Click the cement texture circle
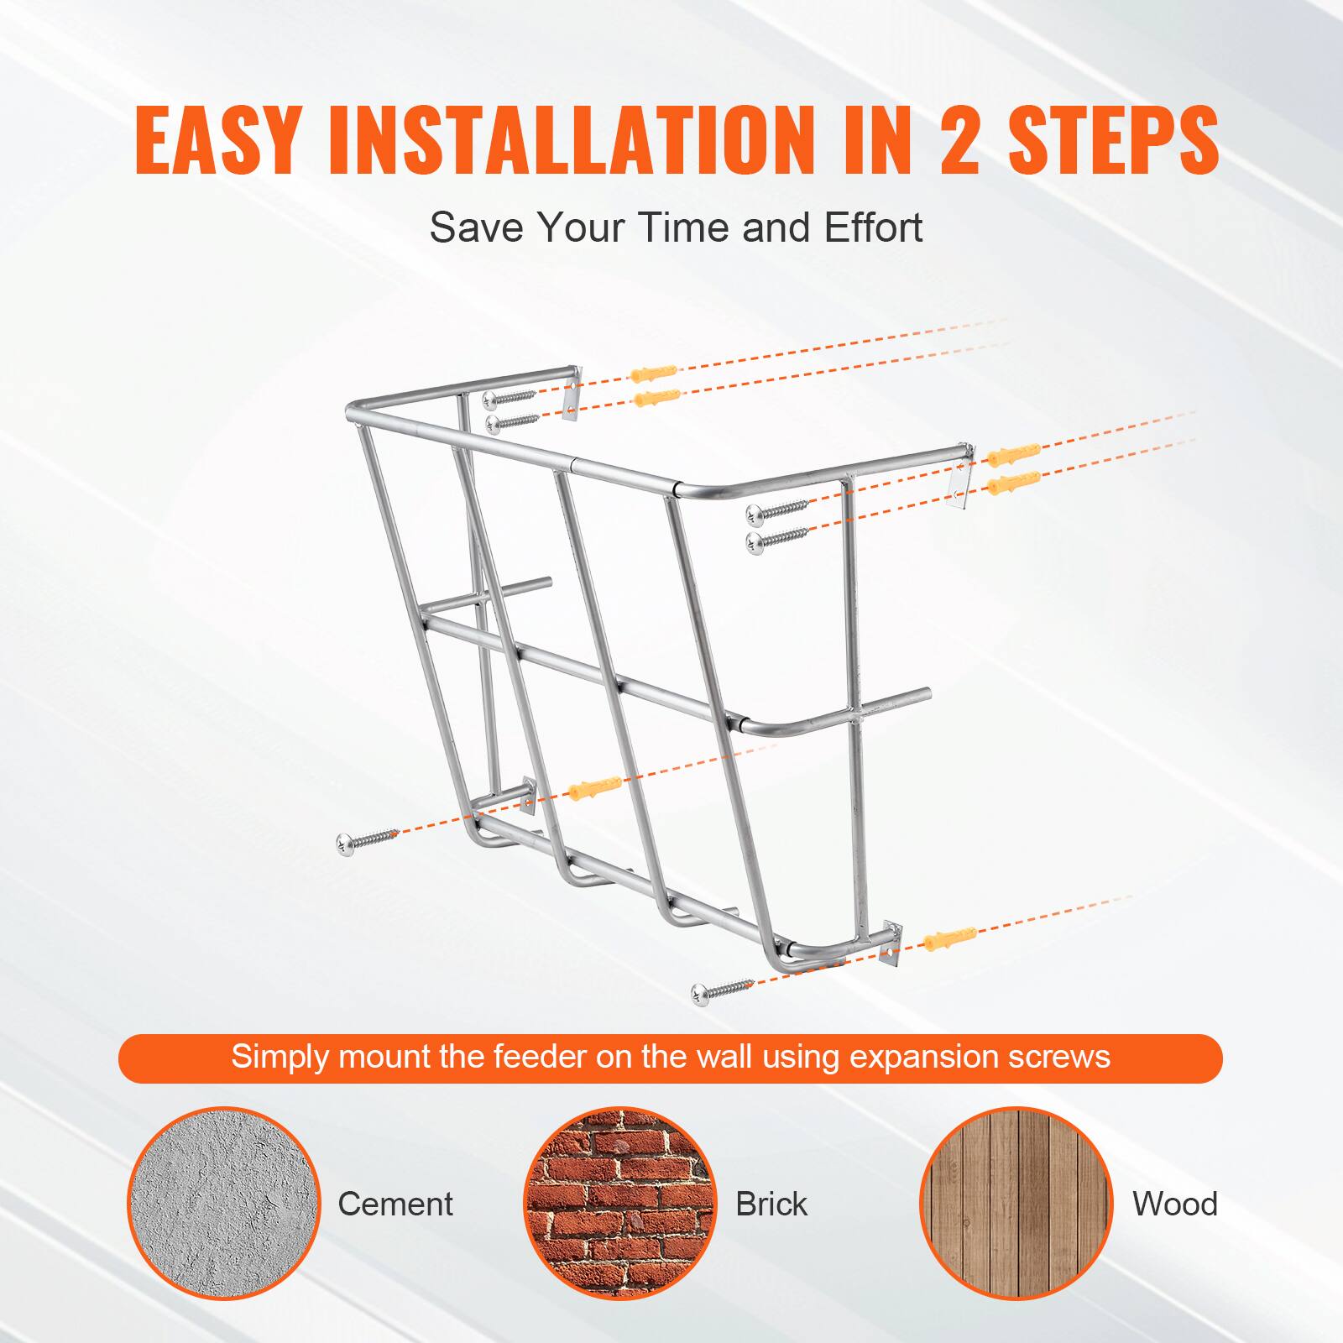(x=224, y=1203)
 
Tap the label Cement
(x=395, y=1204)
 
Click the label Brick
(x=771, y=1204)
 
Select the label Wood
(x=1174, y=1204)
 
